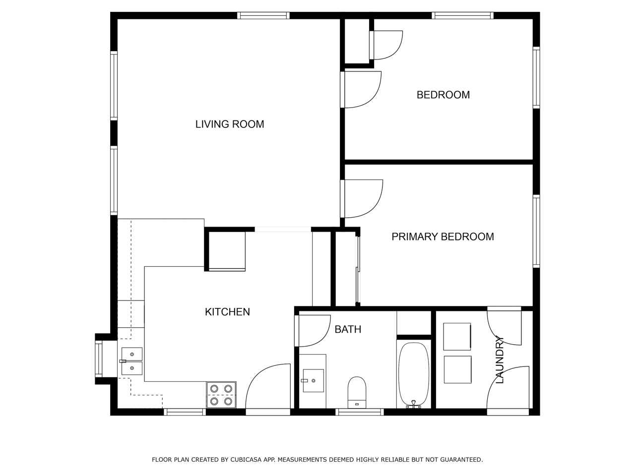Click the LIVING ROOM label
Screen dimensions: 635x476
229,124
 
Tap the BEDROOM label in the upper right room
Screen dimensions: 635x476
443,95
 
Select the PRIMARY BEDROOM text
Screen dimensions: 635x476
443,237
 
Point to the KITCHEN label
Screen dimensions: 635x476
227,312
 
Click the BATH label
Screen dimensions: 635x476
348,329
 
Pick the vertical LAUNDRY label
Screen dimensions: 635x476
500,359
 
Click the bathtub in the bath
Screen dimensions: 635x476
414,375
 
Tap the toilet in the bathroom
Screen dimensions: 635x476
357,392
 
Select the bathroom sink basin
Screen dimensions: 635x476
313,380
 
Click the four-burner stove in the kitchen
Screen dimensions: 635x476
221,395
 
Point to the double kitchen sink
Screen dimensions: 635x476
132,361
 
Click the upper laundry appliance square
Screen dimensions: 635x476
457,337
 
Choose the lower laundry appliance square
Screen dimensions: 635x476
458,370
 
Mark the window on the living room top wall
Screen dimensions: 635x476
263,15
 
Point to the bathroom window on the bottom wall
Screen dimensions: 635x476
360,412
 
